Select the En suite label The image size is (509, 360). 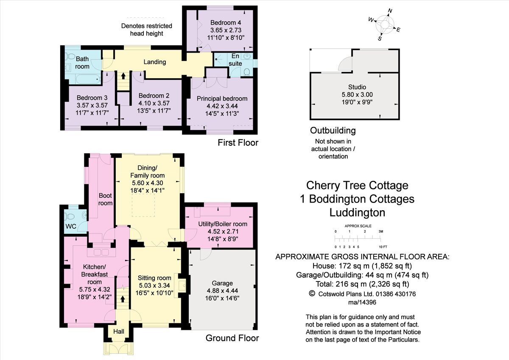(x=235, y=60)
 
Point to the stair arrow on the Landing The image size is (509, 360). (x=123, y=76)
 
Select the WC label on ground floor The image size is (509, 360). (x=71, y=226)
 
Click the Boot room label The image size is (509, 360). (x=106, y=200)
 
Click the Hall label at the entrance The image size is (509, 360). (x=118, y=330)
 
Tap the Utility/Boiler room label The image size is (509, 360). (x=222, y=224)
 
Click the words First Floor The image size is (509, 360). (x=238, y=143)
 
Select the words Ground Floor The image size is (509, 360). (x=232, y=338)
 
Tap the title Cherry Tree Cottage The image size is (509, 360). (x=357, y=186)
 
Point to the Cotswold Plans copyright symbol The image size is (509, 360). (x=312, y=293)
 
